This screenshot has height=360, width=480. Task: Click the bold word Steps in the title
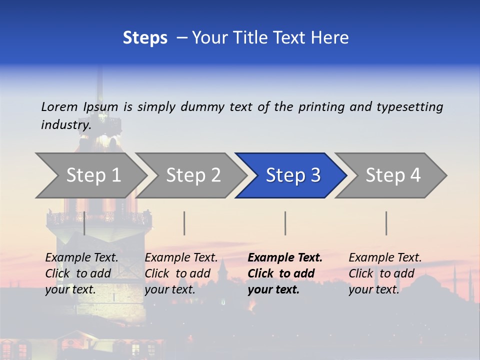[x=145, y=38]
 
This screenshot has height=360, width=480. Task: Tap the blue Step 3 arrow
[x=293, y=175]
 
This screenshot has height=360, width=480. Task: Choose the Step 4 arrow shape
[x=393, y=175]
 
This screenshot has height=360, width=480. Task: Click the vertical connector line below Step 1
[x=84, y=223]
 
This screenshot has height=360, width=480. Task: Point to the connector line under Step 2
[x=184, y=223]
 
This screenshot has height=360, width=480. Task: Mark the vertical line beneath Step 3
[x=285, y=223]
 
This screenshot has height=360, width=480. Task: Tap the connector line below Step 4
[x=386, y=223]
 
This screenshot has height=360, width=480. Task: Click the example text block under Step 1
[x=81, y=273]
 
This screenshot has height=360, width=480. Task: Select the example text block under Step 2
[x=181, y=273]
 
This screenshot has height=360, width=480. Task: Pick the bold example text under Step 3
[x=285, y=273]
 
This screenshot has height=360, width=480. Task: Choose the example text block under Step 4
[x=385, y=273]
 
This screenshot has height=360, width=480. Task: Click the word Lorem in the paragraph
[x=59, y=106]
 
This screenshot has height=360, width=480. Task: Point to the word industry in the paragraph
[x=65, y=125]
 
